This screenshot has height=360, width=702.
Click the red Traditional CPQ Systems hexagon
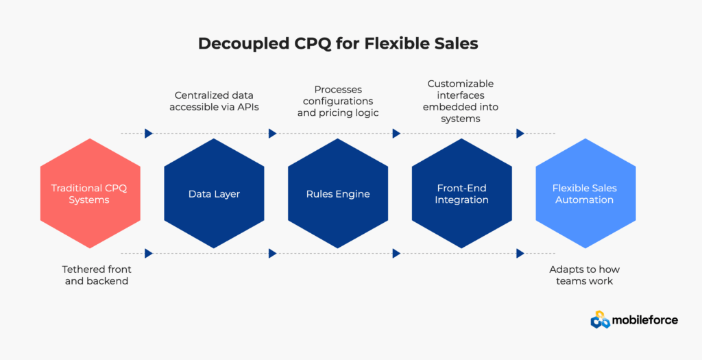tap(90, 194)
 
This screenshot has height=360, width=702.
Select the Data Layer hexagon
tap(214, 194)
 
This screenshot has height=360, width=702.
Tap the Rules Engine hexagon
tap(338, 194)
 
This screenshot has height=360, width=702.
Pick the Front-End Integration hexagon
tap(462, 194)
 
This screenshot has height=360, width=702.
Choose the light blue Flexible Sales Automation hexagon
tap(585, 194)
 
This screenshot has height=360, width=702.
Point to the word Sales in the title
tap(454, 44)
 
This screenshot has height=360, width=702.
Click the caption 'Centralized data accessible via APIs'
tap(214, 101)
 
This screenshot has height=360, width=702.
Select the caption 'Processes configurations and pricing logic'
tap(338, 101)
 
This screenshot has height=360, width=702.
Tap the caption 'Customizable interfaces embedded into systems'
tap(461, 101)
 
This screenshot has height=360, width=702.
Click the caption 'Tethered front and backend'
tap(97, 275)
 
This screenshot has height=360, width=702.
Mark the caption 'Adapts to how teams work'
tap(584, 275)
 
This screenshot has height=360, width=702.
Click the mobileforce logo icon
tap(601, 320)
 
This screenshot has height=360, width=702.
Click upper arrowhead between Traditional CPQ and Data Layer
tap(149, 134)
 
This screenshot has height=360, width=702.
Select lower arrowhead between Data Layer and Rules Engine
tap(273, 253)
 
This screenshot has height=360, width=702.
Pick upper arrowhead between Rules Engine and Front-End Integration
tap(396, 134)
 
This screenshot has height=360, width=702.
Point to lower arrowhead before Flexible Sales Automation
tap(520, 253)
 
